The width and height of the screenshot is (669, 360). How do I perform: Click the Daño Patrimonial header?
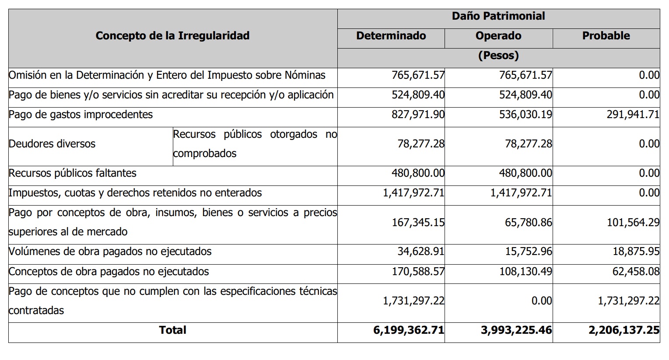click(498, 16)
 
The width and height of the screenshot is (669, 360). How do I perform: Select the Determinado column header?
click(391, 36)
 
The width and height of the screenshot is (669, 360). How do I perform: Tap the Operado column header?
click(498, 36)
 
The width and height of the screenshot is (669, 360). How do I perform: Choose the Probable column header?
click(606, 36)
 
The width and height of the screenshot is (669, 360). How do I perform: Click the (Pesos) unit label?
click(498, 56)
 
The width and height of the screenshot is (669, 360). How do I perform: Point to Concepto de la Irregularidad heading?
click(172, 36)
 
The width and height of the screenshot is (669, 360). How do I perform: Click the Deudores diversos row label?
click(52, 144)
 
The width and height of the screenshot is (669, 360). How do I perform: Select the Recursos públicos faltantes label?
click(73, 173)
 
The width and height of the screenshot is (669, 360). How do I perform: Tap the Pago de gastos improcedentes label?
click(81, 115)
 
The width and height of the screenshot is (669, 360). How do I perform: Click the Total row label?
click(172, 330)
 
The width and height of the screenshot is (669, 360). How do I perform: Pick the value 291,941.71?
click(633, 115)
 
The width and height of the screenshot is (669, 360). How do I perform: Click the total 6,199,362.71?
click(409, 330)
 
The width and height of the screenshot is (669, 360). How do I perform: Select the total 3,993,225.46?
click(516, 330)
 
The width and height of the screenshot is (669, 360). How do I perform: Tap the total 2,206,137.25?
click(624, 330)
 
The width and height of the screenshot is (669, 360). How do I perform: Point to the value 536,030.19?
click(525, 115)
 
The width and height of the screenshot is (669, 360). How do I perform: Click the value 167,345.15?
click(418, 223)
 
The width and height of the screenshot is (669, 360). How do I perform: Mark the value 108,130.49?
click(525, 272)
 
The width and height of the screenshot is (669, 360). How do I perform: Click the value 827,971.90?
click(418, 115)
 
